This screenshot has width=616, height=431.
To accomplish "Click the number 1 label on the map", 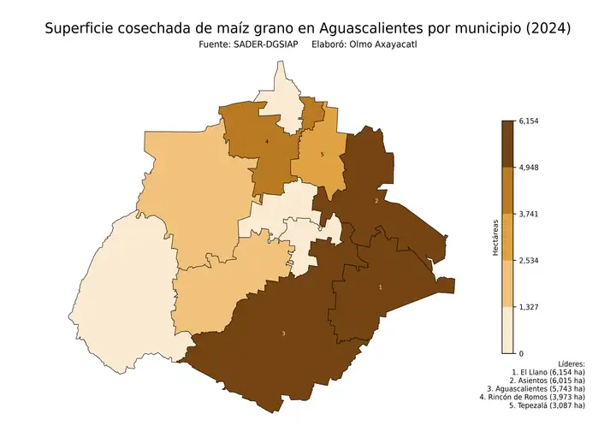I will point(381,287).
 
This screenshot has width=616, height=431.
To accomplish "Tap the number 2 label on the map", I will point(376,201).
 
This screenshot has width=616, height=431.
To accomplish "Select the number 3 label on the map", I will point(283,333).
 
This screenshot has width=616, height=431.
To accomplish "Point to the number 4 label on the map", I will point(267,141).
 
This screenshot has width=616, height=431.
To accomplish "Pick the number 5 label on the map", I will point(322,155).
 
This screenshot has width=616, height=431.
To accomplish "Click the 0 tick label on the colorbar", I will point(521,353).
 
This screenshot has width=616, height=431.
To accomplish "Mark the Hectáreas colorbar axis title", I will point(495,237).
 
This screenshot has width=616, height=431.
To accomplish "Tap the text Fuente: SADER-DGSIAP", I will point(248,45).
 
